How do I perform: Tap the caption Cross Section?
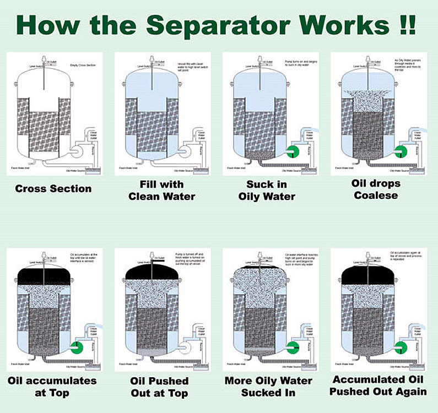(x=53, y=189)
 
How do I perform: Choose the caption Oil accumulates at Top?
(x=52, y=386)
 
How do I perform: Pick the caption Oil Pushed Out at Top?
(x=160, y=387)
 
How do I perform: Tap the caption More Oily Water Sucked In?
(x=268, y=387)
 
